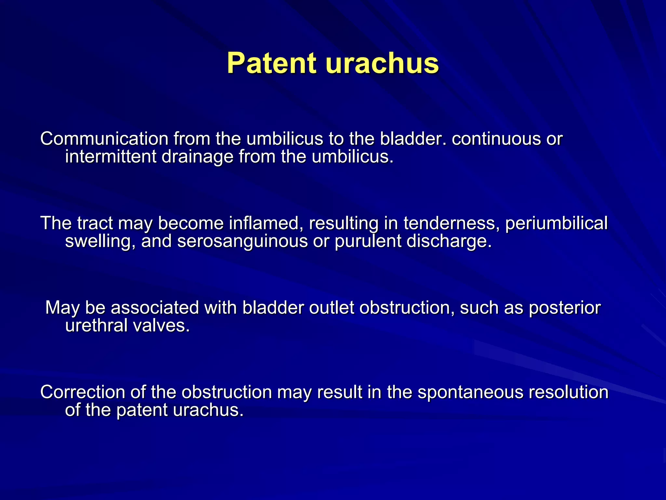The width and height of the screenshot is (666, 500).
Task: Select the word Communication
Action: click(104, 139)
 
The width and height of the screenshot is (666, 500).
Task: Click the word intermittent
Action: click(111, 157)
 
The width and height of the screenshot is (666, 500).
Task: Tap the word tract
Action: click(95, 223)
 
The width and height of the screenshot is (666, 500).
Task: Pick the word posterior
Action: click(565, 308)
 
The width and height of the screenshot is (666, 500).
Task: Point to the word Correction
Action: click(83, 392)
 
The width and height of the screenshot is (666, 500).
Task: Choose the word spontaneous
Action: click(471, 393)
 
